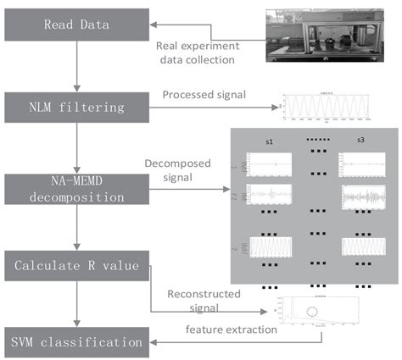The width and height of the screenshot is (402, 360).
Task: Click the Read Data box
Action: (x=75, y=25)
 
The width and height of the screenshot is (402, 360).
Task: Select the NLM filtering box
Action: (x=75, y=108)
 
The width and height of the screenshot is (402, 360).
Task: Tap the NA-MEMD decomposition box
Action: (x=75, y=189)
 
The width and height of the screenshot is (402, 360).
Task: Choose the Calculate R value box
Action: (x=75, y=264)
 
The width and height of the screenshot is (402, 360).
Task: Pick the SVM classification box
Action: (x=75, y=341)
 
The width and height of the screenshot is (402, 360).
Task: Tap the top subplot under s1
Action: (x=270, y=161)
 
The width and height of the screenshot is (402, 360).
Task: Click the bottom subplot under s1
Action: (x=270, y=248)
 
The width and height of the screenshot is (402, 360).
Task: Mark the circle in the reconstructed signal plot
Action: (x=315, y=313)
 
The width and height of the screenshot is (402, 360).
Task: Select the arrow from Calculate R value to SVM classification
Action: (x=75, y=305)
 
